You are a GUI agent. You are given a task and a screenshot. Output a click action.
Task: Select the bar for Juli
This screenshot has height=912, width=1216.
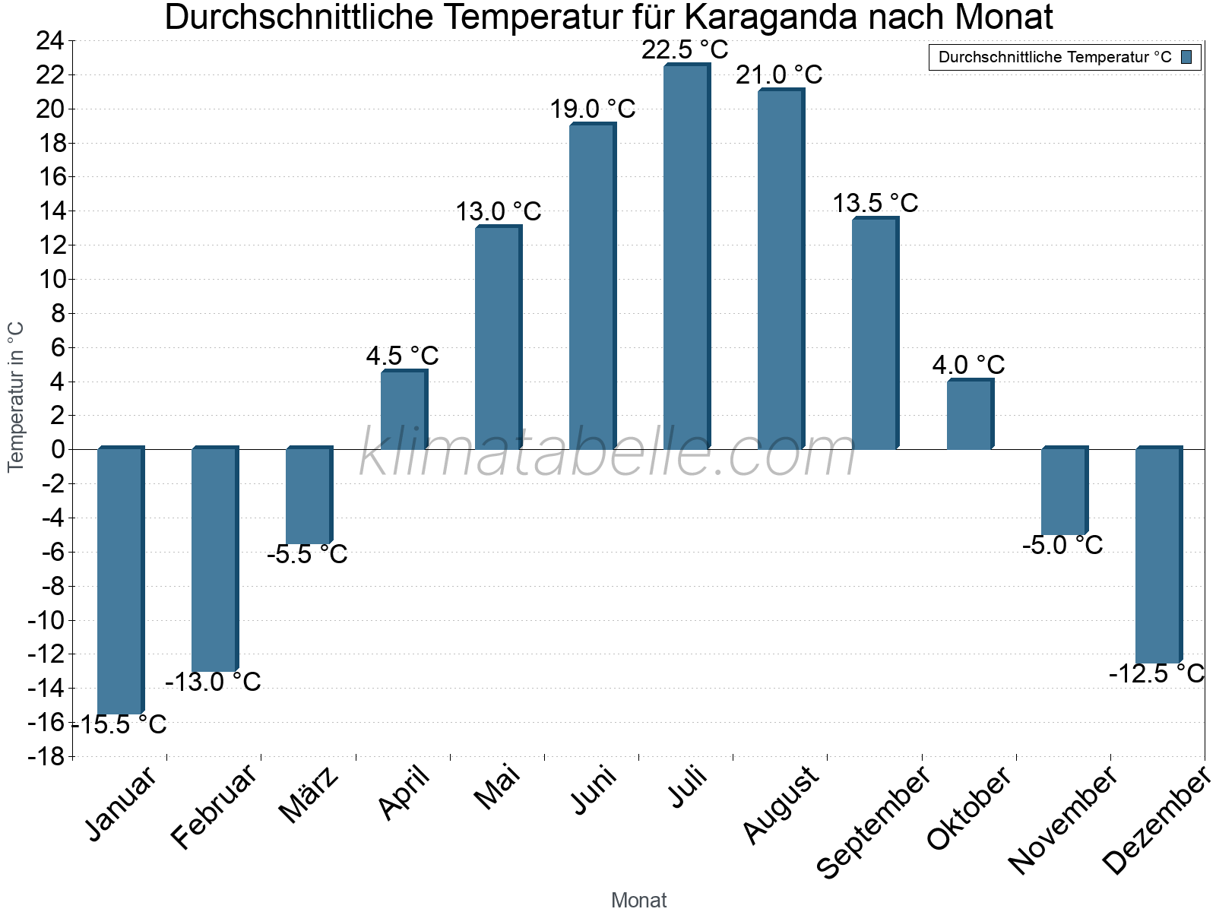click(x=686, y=257)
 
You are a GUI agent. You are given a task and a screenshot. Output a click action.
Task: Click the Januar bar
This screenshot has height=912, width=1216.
click(x=120, y=581)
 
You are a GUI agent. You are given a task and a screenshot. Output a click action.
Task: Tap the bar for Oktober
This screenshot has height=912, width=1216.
click(x=969, y=415)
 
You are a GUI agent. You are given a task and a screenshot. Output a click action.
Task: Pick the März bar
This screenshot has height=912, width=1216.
click(x=309, y=496)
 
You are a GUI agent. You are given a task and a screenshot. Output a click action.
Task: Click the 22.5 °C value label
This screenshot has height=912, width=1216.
click(x=685, y=50)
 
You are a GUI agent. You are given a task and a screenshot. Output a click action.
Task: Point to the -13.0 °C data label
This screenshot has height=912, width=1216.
click(x=213, y=682)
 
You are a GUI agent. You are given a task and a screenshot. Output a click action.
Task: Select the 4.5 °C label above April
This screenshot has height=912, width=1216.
click(x=402, y=356)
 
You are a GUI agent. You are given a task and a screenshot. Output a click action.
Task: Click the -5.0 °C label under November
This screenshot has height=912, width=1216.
click(x=1062, y=545)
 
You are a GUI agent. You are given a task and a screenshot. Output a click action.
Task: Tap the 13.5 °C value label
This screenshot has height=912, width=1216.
click(x=875, y=203)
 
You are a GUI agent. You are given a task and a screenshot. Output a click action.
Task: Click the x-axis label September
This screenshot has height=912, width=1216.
click(x=874, y=822)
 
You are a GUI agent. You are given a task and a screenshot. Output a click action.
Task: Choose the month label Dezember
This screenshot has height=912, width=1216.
click(x=1156, y=820)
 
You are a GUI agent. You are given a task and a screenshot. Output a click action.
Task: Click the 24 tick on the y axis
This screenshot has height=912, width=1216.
click(x=49, y=41)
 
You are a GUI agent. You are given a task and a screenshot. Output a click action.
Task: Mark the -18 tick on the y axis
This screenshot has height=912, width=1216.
click(x=46, y=756)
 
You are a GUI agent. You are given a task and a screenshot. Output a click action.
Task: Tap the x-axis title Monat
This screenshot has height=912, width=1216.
click(x=638, y=900)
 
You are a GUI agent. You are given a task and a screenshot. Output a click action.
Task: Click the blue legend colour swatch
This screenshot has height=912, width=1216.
click(x=1186, y=57)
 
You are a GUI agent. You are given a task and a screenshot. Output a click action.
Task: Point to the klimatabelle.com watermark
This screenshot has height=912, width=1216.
click(x=608, y=454)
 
